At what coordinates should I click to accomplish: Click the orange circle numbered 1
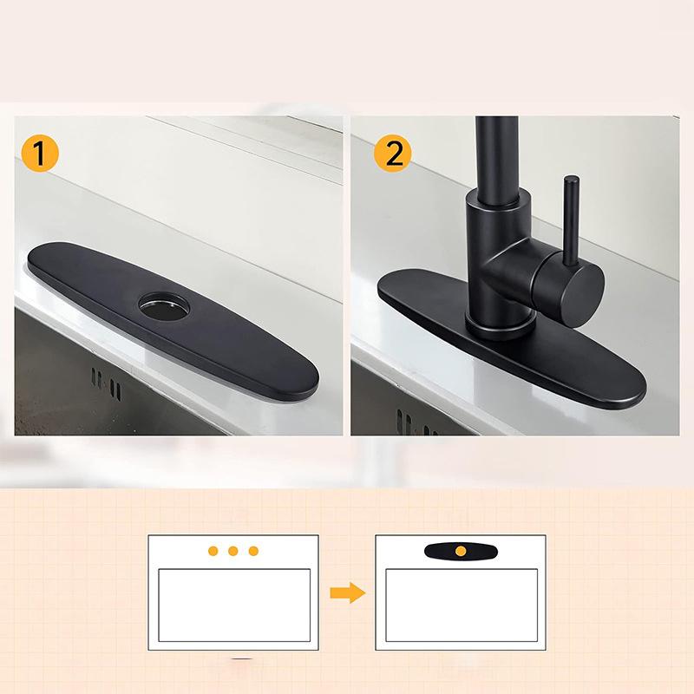tap(40, 154)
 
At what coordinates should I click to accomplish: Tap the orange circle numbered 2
tap(393, 154)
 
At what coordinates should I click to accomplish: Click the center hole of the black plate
tap(163, 304)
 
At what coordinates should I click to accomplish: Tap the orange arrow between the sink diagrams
tap(347, 593)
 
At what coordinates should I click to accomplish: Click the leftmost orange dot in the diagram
tap(213, 551)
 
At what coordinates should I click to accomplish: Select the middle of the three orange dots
tap(233, 551)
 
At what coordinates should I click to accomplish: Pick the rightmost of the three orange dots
tap(253, 551)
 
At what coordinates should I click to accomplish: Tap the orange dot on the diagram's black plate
tap(460, 551)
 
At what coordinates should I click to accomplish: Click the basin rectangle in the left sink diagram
tap(233, 605)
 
